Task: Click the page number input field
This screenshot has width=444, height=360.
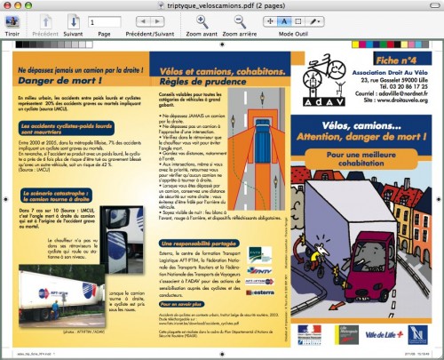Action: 105,21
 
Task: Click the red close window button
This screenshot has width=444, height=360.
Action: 9,6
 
